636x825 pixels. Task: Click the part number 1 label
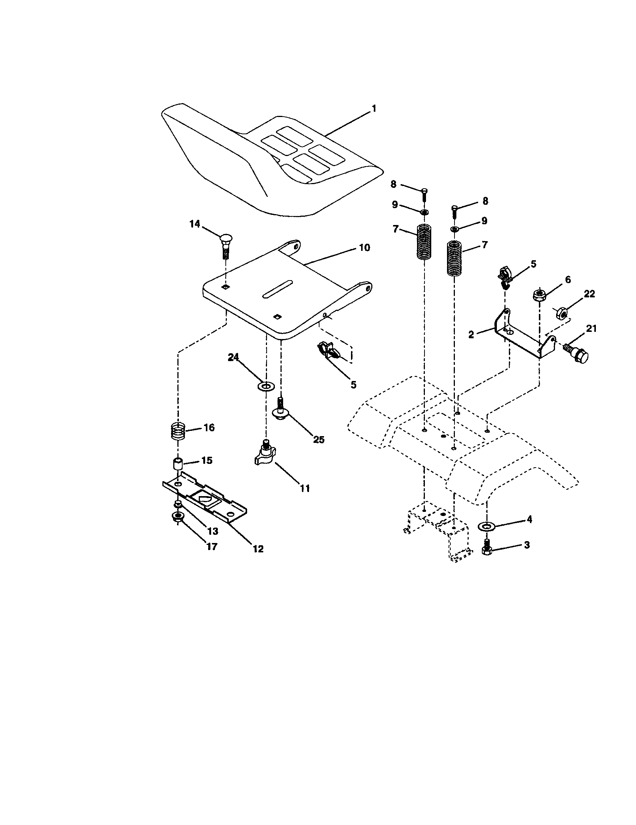[x=373, y=109]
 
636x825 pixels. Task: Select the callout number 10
[x=364, y=248]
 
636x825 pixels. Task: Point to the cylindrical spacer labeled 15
[x=178, y=463]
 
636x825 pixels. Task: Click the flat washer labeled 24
[x=266, y=386]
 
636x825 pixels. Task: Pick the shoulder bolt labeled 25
[x=280, y=410]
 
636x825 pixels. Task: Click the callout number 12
[x=258, y=549]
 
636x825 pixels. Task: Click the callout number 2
[x=471, y=334]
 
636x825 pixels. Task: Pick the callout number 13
[x=213, y=531]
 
